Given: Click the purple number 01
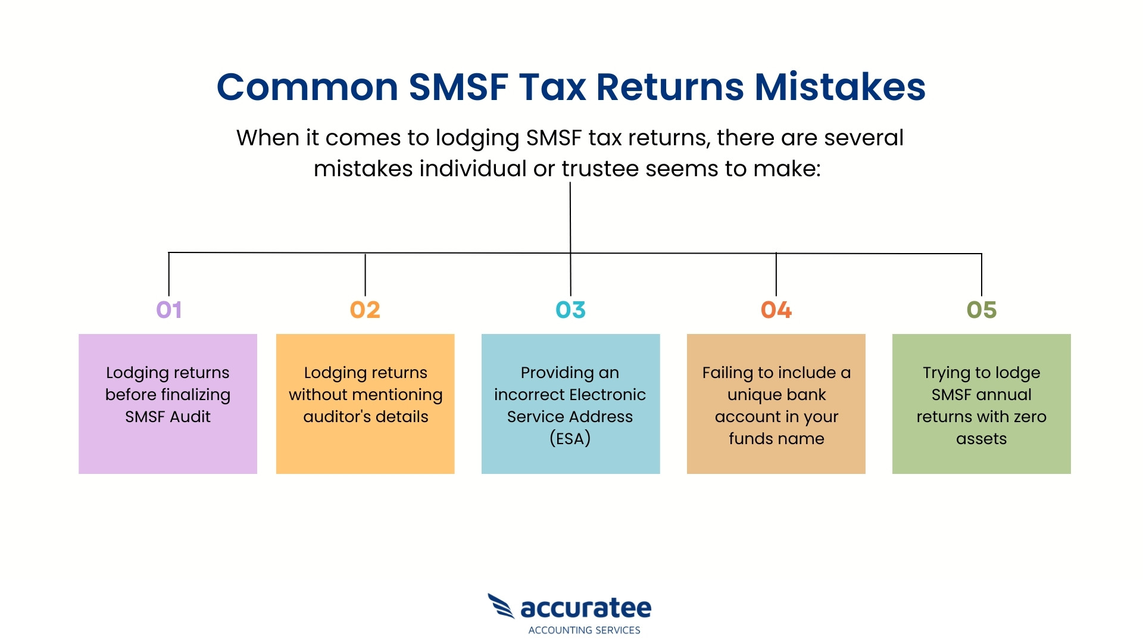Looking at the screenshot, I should click(x=168, y=310).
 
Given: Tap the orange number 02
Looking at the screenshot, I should click(x=365, y=310).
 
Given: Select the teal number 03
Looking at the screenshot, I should click(x=570, y=310).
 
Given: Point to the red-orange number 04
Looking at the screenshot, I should click(x=776, y=310).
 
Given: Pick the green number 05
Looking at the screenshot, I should click(x=981, y=310).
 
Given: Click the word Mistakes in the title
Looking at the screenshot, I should click(x=840, y=87).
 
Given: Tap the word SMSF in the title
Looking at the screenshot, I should click(x=458, y=87).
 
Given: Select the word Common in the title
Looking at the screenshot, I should click(x=307, y=87).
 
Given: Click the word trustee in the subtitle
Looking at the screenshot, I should click(x=600, y=168).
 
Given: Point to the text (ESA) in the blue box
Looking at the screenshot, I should click(x=570, y=439).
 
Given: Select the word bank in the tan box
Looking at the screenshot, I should click(x=806, y=395).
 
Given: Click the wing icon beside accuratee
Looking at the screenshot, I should click(x=501, y=606).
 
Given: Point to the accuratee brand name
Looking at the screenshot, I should click(x=586, y=608).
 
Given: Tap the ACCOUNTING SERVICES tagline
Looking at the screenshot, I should click(x=584, y=630).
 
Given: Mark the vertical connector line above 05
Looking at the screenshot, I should click(x=981, y=274).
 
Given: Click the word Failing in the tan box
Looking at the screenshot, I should click(x=727, y=373).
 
